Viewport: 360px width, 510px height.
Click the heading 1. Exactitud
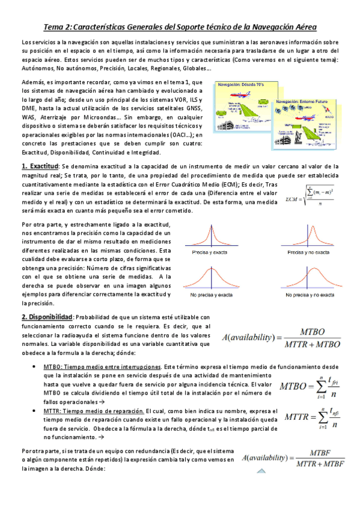(40, 166)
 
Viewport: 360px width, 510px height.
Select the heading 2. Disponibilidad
(47, 317)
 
